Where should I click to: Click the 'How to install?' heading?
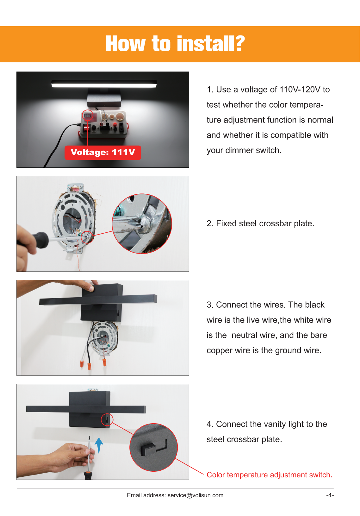click(175, 44)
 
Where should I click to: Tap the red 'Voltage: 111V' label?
click(103, 153)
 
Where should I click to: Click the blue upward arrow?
click(99, 445)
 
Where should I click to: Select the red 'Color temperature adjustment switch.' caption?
click(269, 475)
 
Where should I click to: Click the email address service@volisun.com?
click(196, 495)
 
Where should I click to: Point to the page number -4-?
click(330, 495)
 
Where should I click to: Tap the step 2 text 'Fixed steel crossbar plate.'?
click(265, 223)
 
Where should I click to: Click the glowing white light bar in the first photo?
click(104, 84)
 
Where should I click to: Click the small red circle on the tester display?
click(87, 116)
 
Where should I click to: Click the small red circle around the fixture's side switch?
click(107, 420)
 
